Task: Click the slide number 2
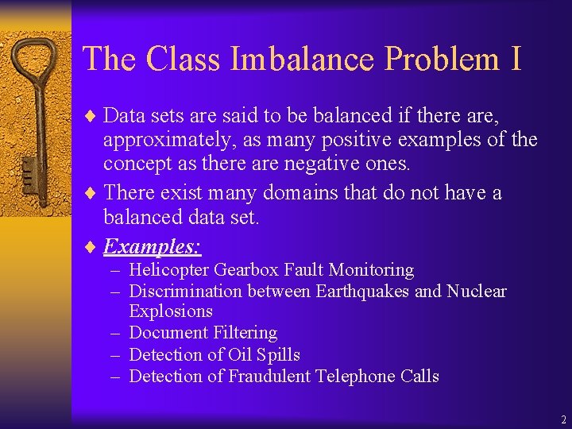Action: coord(563,419)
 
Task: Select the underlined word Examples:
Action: coord(152,246)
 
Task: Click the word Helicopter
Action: coord(169,270)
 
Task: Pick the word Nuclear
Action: coord(476,292)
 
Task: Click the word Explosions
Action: coord(171,311)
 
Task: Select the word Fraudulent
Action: coord(269,376)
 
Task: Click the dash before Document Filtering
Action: coord(116,333)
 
